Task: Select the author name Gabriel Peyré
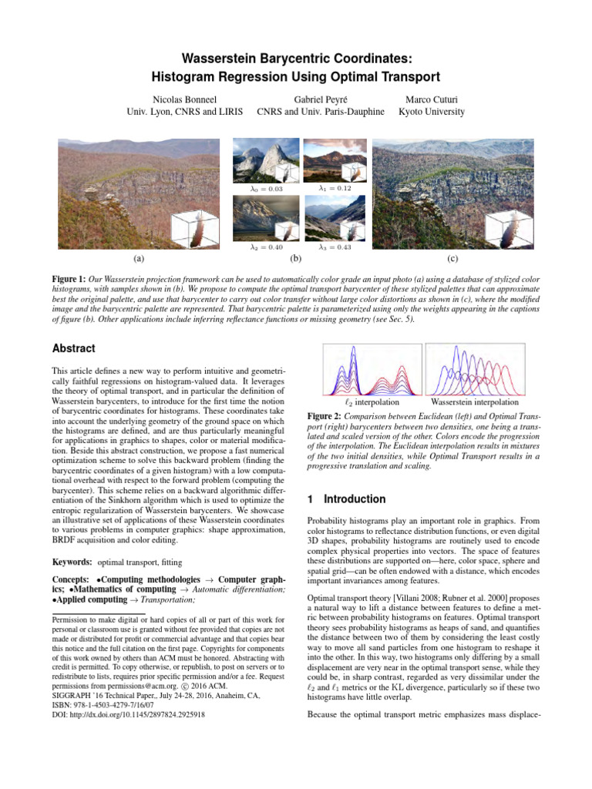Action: (x=320, y=99)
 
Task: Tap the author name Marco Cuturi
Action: (x=431, y=99)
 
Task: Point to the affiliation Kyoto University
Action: (x=431, y=112)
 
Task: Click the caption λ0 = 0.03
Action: (x=267, y=189)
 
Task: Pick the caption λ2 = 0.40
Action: (x=267, y=247)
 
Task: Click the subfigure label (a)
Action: (x=138, y=260)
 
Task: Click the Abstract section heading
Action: (x=75, y=348)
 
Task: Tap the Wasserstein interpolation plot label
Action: (x=475, y=402)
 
